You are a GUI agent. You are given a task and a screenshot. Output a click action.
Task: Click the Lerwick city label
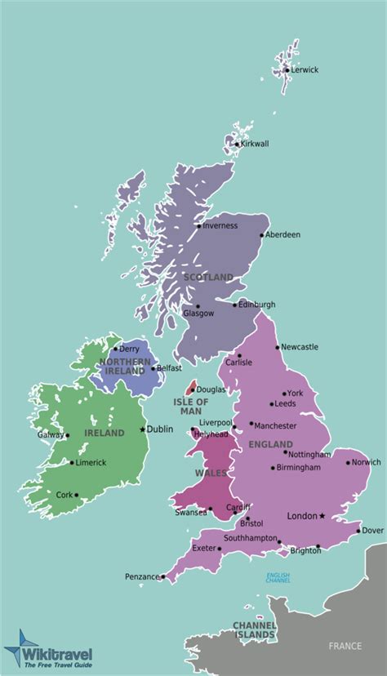[x=305, y=70]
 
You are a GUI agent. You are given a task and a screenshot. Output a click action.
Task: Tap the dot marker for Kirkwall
[x=237, y=145]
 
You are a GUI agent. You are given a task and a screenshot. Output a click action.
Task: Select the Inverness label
[x=220, y=225]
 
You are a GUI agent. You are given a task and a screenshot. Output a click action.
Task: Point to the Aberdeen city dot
[x=262, y=235]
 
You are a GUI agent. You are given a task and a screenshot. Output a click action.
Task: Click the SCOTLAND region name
[x=208, y=277]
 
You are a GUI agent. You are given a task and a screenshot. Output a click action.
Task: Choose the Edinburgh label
[x=257, y=305]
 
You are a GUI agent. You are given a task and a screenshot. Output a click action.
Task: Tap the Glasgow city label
[x=198, y=314]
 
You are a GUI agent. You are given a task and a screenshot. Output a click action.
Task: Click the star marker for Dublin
[x=143, y=429]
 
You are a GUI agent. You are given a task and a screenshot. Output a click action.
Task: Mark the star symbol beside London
[x=322, y=515]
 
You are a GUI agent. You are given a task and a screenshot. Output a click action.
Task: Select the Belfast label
[x=168, y=368]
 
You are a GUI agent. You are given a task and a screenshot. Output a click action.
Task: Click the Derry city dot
[x=115, y=349]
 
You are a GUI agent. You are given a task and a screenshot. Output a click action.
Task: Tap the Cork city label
[x=64, y=494]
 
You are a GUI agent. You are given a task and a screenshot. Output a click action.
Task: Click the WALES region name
[x=205, y=473]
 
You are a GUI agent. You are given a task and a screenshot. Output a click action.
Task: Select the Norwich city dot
[x=348, y=463]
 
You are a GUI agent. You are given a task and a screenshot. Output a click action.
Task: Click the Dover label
[x=372, y=530]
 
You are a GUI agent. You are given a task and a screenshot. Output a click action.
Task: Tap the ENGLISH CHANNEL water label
[x=278, y=578]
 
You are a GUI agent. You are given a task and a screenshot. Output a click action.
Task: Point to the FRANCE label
[x=345, y=646]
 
